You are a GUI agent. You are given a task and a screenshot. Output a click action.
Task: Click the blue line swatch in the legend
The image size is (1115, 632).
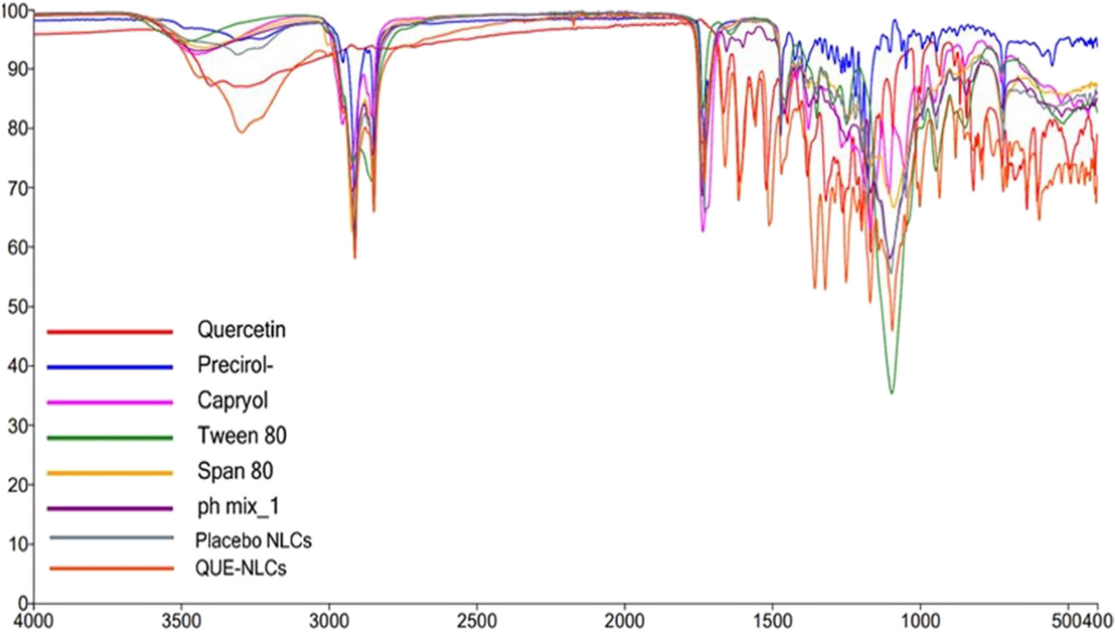110,367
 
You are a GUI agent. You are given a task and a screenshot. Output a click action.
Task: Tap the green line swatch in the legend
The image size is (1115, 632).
110,438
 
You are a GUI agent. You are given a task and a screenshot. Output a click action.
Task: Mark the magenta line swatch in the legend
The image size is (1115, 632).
110,402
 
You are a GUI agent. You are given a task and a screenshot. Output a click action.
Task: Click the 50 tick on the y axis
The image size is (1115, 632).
17,307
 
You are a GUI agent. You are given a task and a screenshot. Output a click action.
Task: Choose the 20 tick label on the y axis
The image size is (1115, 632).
17,484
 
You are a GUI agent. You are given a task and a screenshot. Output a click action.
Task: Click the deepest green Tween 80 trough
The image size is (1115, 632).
891,393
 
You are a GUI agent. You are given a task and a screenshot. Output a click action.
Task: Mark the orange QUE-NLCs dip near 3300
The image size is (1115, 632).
242,131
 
